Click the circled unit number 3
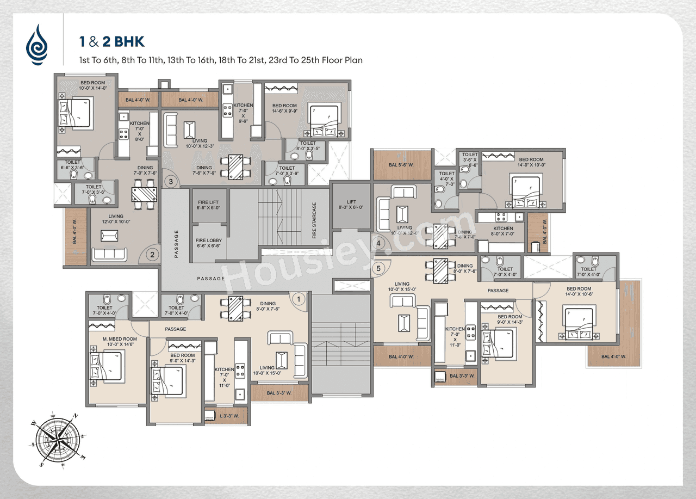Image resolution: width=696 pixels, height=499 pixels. click(171, 182)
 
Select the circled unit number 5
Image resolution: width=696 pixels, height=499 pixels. click(379, 268)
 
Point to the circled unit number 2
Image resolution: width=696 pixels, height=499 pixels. click(153, 254)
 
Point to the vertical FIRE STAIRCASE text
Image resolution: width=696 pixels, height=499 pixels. click(314, 221)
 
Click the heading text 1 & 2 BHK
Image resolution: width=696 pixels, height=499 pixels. click(111, 42)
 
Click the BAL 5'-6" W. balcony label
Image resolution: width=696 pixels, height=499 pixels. click(401, 165)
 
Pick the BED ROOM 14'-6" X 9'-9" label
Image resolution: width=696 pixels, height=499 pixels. click(284, 108)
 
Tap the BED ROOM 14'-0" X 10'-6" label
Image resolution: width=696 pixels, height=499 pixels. click(579, 292)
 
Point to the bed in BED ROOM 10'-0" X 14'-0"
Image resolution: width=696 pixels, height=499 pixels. click(74, 113)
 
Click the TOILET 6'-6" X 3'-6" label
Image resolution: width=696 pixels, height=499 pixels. click(72, 165)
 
